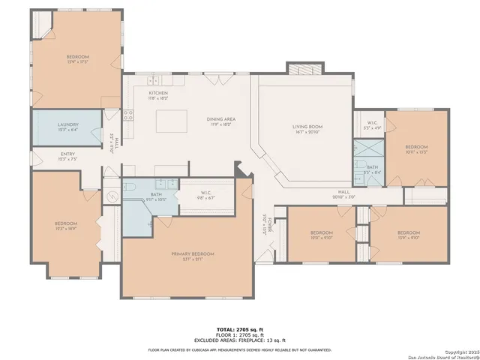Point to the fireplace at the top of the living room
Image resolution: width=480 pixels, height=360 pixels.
[x=304, y=67]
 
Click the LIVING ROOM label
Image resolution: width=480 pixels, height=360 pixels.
[x=307, y=127]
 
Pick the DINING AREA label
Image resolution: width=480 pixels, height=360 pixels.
[x=221, y=119]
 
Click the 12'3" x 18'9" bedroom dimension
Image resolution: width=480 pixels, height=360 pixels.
[x=65, y=228]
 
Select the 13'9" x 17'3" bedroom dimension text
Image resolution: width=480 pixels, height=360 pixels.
[x=77, y=61]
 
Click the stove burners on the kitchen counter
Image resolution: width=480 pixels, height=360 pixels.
[x=127, y=115]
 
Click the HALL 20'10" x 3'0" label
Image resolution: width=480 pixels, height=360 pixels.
[x=343, y=193]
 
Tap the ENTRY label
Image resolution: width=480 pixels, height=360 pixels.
[x=67, y=155]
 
